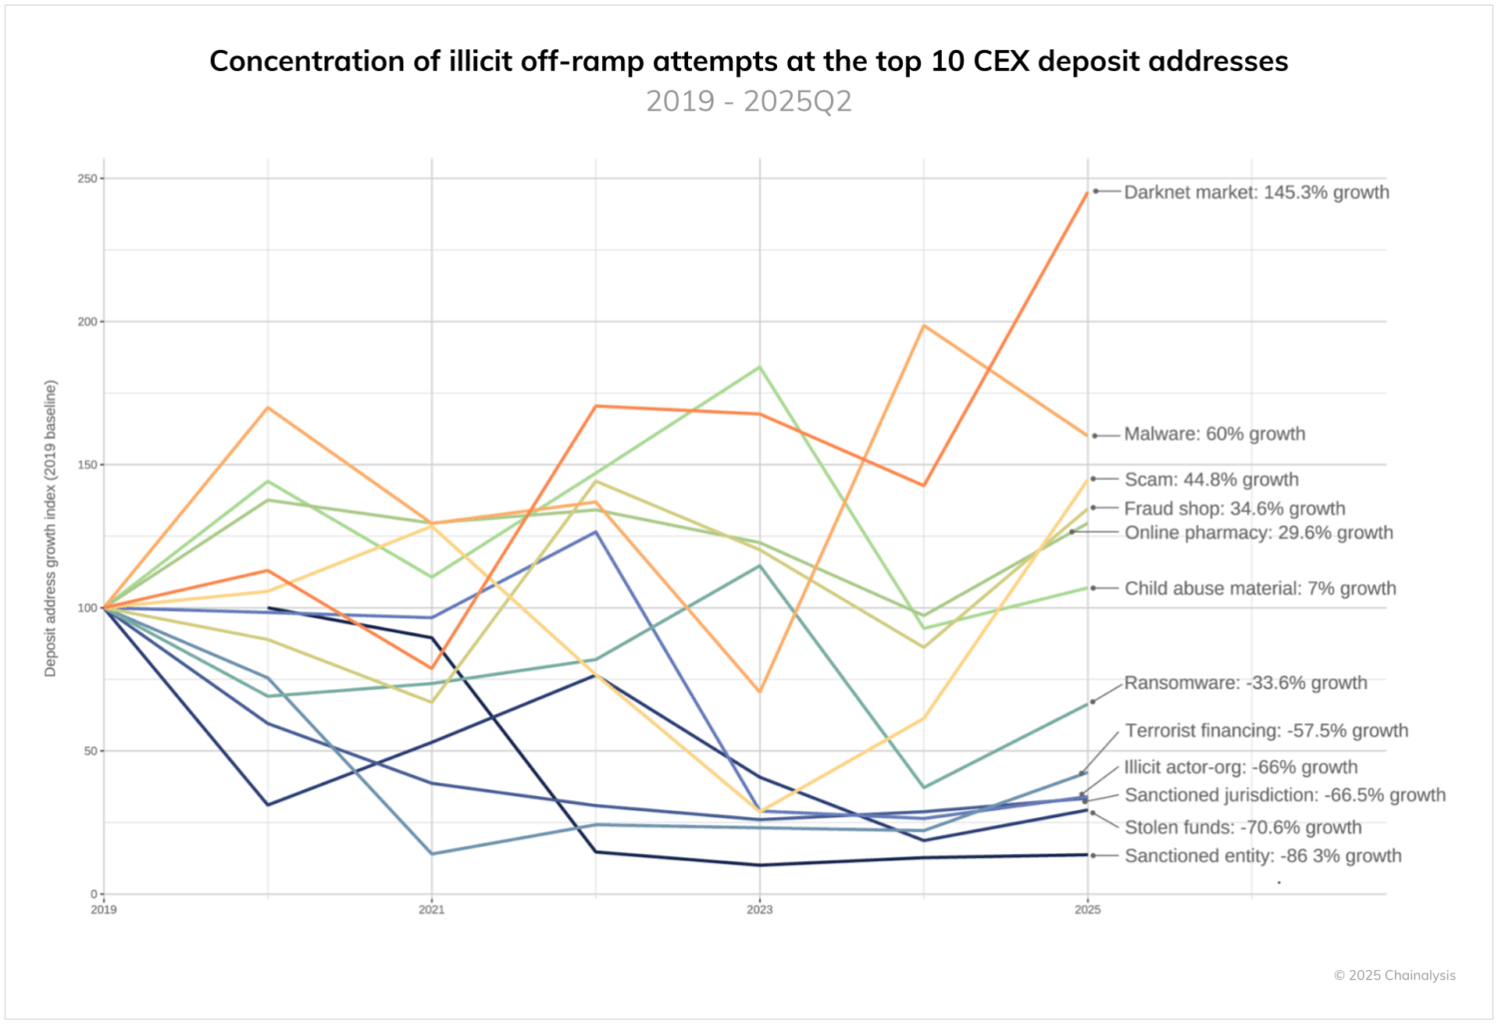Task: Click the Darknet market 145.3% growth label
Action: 1256,192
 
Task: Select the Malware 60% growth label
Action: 1214,434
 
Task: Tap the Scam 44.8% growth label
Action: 1211,480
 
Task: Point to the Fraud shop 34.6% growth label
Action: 1234,509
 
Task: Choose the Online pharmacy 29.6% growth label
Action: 1258,532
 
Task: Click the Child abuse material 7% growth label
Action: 1260,588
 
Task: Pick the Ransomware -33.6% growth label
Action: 1245,683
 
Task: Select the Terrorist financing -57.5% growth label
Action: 1266,730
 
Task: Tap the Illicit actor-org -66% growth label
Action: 1240,767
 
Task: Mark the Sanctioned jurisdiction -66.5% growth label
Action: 1284,795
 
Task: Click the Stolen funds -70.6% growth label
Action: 1242,827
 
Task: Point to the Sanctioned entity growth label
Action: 1262,856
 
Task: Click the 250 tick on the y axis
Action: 88,179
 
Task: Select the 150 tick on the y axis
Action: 88,465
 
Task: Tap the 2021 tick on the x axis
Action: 431,909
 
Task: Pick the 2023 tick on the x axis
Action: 759,909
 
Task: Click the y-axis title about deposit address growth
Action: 51,528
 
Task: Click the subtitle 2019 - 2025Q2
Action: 749,101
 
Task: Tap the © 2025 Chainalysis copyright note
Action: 1394,975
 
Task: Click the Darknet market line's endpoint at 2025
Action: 1088,192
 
